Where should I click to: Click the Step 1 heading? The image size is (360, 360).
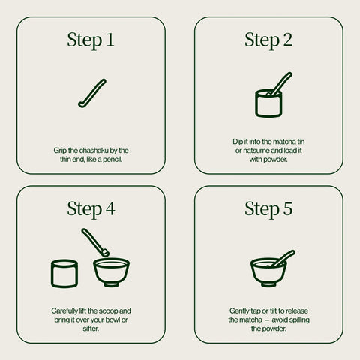point(91,40)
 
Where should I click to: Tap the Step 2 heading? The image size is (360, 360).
point(268,40)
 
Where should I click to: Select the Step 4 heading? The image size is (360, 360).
point(91,209)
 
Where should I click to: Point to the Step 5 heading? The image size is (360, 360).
point(268,209)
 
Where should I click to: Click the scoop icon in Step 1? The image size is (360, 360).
point(92,94)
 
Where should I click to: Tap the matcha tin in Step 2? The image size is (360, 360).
point(268,103)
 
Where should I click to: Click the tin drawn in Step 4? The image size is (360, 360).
point(64,274)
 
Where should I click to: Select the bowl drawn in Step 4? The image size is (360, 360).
point(111,272)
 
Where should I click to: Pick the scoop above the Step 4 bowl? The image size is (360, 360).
point(95,242)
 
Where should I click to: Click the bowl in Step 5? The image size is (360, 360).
point(268,272)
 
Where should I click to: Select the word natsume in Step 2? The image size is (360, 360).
point(256,151)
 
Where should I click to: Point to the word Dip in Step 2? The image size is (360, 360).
point(238,142)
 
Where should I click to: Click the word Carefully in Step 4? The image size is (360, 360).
point(64,310)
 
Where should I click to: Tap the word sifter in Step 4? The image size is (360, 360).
point(91,328)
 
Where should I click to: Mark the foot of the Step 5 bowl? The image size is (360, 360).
point(268,284)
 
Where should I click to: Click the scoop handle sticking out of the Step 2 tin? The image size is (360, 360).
point(282,83)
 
